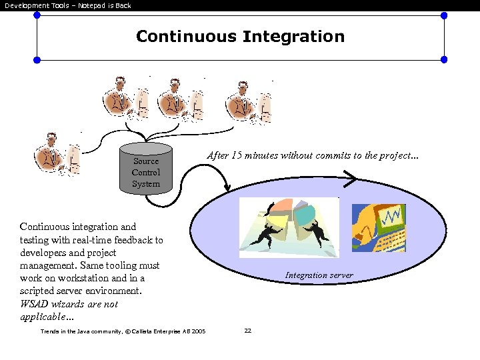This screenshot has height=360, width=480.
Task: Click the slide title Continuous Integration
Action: coord(240,36)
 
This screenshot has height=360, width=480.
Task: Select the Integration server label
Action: coord(319,275)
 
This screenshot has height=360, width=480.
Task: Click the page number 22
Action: coord(247,331)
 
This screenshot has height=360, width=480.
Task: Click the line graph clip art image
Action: coord(378,228)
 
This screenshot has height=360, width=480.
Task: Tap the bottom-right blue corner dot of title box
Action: coord(444,59)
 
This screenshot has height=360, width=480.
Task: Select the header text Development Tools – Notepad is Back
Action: coord(67,5)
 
